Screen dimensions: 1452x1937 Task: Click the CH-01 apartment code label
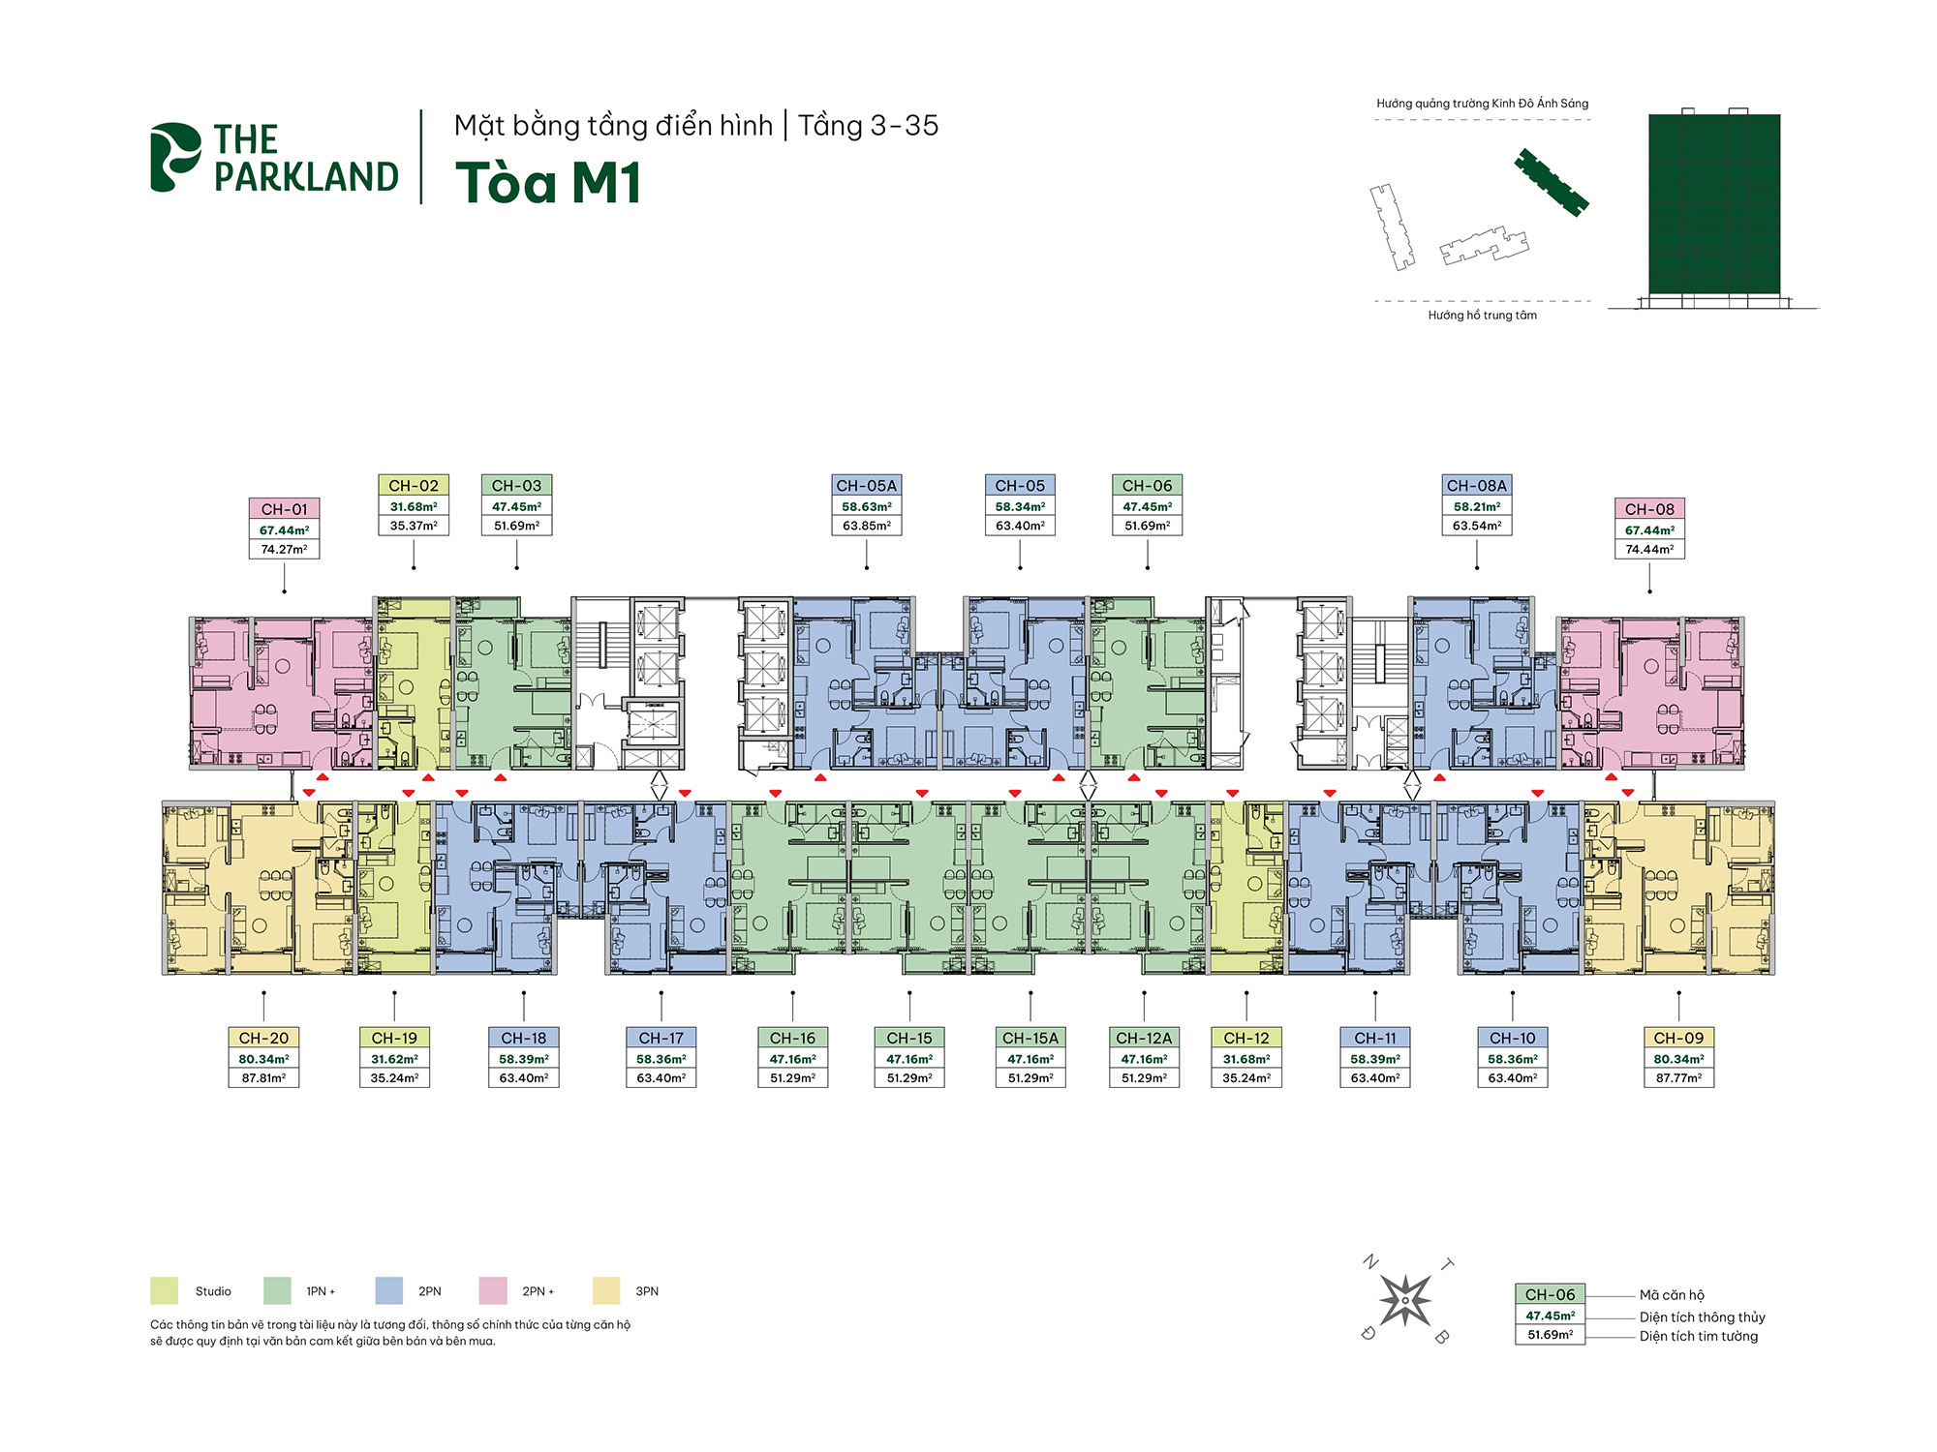[284, 509]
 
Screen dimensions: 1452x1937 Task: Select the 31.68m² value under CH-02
[414, 506]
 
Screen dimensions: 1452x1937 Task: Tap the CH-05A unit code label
[866, 486]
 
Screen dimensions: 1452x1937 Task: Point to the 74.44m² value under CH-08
[1649, 549]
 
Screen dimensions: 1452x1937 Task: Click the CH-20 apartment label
[263, 1038]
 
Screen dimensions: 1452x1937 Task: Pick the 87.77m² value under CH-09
[1678, 1077]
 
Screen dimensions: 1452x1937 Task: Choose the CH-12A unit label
[1144, 1038]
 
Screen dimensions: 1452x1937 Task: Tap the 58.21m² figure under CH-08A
[1477, 506]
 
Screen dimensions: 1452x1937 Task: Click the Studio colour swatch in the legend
[164, 1290]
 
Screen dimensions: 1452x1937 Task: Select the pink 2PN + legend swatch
[493, 1290]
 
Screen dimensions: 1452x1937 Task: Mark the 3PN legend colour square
[606, 1290]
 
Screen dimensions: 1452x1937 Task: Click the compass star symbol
[1404, 1299]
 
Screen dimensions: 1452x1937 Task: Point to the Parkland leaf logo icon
[174, 156]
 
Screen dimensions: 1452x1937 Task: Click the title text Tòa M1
[548, 182]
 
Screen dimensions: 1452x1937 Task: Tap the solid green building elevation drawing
[1714, 203]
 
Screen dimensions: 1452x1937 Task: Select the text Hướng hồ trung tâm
[1482, 315]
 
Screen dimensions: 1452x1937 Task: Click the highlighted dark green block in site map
[1552, 182]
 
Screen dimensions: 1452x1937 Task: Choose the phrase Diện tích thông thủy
[1702, 1316]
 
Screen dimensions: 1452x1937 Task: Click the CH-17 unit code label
[661, 1038]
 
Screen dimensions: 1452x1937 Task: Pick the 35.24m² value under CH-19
[394, 1077]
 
